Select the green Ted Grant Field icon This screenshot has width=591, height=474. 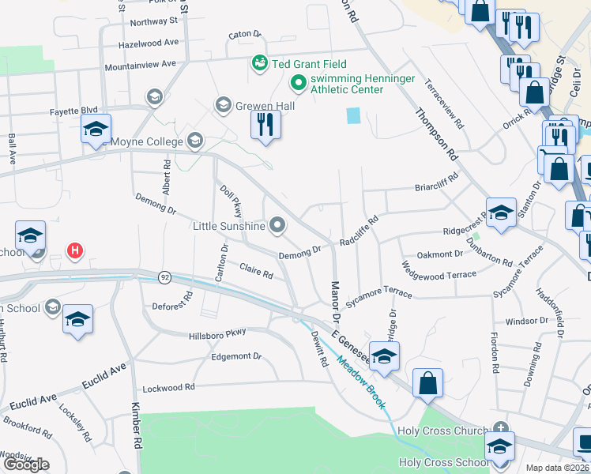tap(259, 62)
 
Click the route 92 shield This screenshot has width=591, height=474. tap(164, 277)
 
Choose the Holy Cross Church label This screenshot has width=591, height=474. tap(442, 431)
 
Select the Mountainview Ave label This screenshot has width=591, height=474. tap(140, 63)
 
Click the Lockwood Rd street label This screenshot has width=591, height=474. tap(168, 388)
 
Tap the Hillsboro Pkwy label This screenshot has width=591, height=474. tap(217, 333)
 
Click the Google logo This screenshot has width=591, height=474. tap(27, 465)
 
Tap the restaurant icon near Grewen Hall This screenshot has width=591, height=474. tap(265, 124)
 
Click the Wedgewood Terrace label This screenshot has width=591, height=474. tap(439, 274)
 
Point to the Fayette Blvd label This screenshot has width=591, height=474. tap(73, 111)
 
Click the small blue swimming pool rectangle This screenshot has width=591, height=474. tap(352, 116)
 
